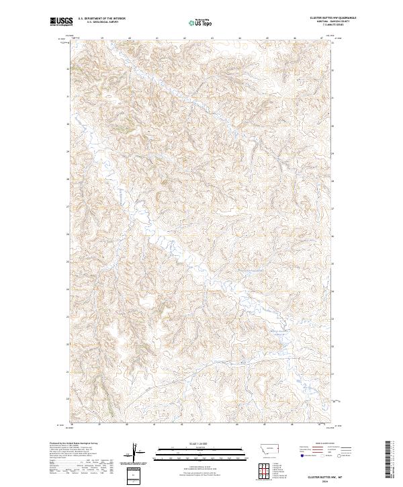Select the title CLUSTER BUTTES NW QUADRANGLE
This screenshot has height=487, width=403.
click(333, 18)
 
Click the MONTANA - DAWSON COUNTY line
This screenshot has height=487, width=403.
click(333, 22)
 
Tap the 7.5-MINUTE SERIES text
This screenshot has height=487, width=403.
click(333, 26)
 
